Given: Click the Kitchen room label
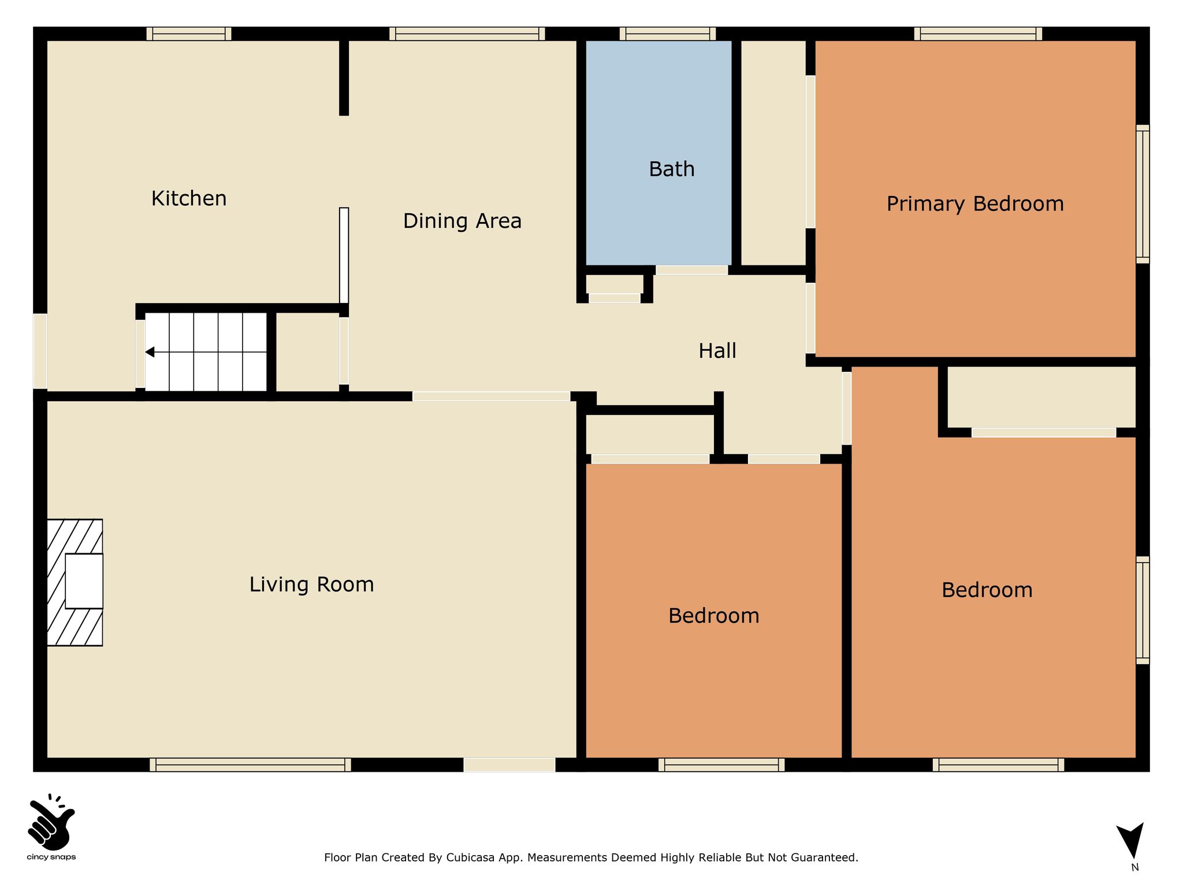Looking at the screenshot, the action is click(x=189, y=198).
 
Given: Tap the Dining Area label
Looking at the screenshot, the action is click(x=462, y=221).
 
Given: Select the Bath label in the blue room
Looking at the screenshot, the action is click(x=672, y=169).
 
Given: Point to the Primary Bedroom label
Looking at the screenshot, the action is click(x=975, y=204).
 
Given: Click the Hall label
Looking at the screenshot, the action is click(x=717, y=351).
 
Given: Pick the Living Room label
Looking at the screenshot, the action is click(x=312, y=584).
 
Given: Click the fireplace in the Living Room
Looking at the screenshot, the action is click(x=75, y=582).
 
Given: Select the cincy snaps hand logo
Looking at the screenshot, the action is click(x=51, y=822).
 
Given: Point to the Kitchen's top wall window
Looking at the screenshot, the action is click(x=189, y=34).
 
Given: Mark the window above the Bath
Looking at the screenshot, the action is click(x=668, y=34).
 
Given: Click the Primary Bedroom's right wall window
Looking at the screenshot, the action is click(x=1143, y=194).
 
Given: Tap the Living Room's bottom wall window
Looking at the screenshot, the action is click(x=250, y=764).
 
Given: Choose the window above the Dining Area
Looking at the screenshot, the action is click(x=467, y=34).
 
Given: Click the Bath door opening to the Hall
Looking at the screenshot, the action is click(x=692, y=270).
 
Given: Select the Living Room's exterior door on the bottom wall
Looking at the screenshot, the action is click(x=509, y=764).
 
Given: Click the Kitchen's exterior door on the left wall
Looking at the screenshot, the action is click(x=40, y=351).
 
